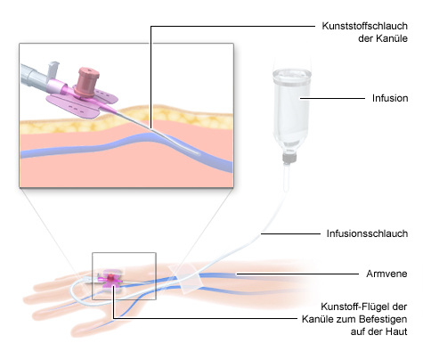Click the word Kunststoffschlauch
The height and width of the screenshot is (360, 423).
click(364, 26)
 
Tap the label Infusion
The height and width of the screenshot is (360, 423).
click(390, 98)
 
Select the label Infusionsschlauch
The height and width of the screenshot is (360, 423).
click(367, 233)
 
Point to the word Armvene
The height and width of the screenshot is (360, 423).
click(386, 274)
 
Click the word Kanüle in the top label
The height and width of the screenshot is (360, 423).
click(392, 38)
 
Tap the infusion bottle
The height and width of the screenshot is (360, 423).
click(291, 109)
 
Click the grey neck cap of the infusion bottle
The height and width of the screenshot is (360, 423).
click(289, 158)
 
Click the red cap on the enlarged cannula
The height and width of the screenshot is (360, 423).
click(87, 79)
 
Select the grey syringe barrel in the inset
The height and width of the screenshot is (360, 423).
click(33, 75)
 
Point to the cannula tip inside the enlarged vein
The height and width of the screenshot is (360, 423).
click(198, 153)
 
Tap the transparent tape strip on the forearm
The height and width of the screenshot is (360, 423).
click(185, 279)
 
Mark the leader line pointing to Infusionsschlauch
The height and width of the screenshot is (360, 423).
click(290, 233)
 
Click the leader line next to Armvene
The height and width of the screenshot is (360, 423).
click(297, 274)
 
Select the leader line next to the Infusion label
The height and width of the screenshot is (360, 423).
click(332, 98)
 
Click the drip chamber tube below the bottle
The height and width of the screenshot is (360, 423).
click(286, 176)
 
